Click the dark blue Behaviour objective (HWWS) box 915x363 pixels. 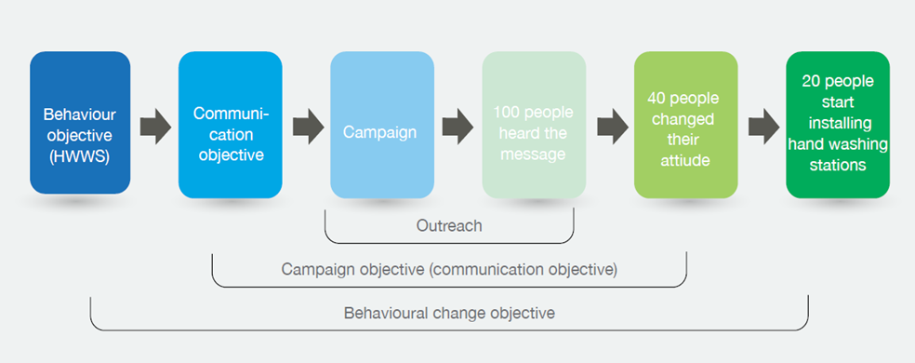click(x=80, y=122)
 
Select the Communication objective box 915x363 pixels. click(x=230, y=125)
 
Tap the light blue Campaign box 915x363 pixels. click(x=381, y=125)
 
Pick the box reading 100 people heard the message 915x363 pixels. click(x=534, y=125)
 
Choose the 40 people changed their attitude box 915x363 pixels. click(x=685, y=125)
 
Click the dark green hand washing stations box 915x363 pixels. click(x=838, y=125)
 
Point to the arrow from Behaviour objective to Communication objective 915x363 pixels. click(x=155, y=127)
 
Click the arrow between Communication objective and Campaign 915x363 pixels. click(x=308, y=127)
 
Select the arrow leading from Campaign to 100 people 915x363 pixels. click(x=457, y=127)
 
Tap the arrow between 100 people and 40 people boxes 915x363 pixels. click(x=612, y=127)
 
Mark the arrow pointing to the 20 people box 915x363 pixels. click(x=763, y=127)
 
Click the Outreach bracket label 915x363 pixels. click(x=449, y=225)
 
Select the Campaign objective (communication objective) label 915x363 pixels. click(x=449, y=270)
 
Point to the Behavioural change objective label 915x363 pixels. click(x=449, y=313)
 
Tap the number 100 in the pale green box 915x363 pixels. click(x=507, y=112)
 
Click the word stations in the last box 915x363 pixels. click(x=838, y=166)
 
